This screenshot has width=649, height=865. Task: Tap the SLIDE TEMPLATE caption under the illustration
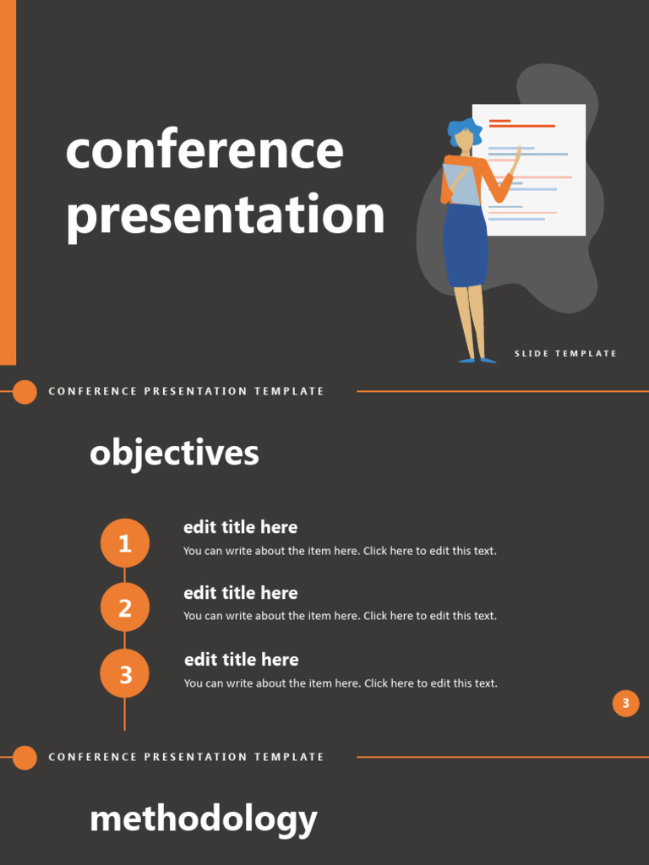(x=565, y=354)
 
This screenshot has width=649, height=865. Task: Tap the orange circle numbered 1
(x=125, y=543)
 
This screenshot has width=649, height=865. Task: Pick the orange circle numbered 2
(x=125, y=607)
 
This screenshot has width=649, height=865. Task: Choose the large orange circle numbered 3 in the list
(x=125, y=674)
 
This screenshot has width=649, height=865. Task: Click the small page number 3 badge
(x=625, y=703)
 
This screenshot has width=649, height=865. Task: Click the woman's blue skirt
(x=466, y=245)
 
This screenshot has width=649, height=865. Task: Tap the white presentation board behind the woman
(x=549, y=169)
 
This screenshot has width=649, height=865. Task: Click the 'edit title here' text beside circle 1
(x=241, y=527)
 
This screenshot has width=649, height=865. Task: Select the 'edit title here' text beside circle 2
(x=241, y=593)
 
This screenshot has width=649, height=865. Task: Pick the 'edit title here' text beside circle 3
(x=242, y=660)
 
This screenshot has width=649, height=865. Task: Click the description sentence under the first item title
(x=340, y=551)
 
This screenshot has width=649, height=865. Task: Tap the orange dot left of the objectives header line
(x=25, y=392)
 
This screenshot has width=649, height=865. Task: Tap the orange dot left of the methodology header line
(x=25, y=758)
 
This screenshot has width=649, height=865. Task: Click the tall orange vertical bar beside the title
(x=8, y=182)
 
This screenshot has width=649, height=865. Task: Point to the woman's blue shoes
(x=477, y=361)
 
